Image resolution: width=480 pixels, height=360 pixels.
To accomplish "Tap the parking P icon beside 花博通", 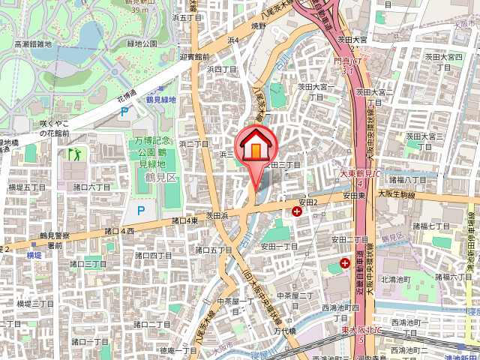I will (124, 112).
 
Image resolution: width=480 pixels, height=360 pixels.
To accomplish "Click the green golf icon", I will (74, 154).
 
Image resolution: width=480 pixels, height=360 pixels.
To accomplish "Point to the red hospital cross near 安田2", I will (298, 212).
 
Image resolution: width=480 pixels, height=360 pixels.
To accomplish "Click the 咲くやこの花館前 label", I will (55, 127).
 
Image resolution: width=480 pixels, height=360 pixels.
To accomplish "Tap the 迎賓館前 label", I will (195, 56).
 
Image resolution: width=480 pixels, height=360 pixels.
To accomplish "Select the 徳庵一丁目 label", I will (178, 350).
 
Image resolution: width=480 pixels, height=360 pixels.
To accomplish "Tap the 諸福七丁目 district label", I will (430, 225).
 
